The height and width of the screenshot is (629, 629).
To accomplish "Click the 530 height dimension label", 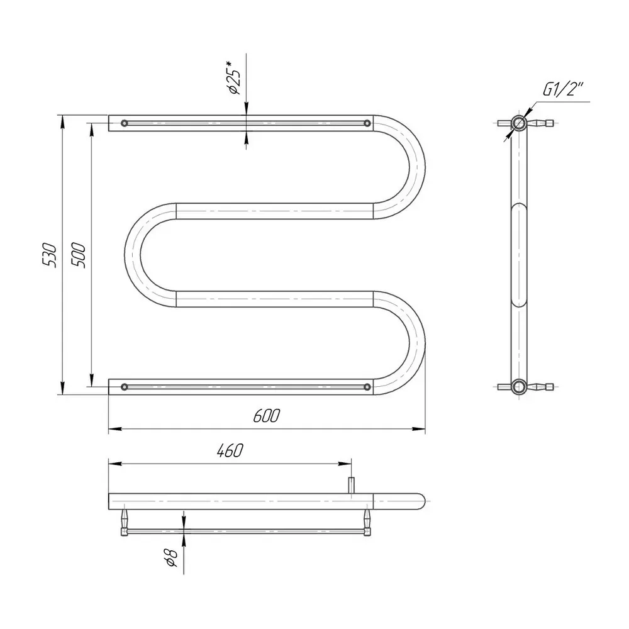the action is coord(50,255).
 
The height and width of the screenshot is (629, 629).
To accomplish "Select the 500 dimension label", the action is coord(78,255).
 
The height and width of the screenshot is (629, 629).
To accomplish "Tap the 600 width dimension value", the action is coord(266,416).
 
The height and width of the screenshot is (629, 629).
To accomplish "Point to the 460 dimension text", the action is coord(230,450).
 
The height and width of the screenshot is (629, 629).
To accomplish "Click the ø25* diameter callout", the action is coord(235,78).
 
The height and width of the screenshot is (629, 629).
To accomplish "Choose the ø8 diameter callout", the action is coord(171,558).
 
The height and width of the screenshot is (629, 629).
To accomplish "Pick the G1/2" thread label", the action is coord(563,90).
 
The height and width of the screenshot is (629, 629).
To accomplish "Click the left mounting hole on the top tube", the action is coord(125,123).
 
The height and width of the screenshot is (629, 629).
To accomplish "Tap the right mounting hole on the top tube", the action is coord(367,123).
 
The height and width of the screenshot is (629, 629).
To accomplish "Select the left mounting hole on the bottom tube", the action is coord(125,387).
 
